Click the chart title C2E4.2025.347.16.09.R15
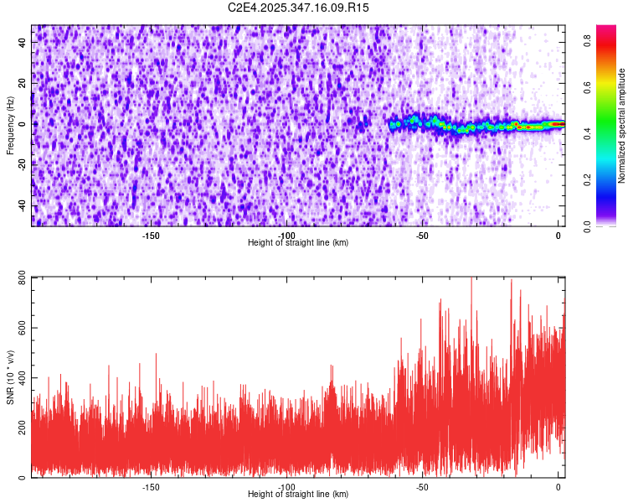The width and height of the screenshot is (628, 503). (299, 8)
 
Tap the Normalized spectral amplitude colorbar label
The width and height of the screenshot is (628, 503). (622, 126)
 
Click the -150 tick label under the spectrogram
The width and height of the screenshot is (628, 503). (151, 236)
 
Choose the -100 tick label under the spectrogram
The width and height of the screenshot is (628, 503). (286, 236)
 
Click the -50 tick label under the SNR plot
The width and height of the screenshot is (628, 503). (423, 486)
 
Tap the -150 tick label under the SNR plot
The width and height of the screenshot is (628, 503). (151, 486)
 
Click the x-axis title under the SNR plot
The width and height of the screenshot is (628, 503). (298, 495)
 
